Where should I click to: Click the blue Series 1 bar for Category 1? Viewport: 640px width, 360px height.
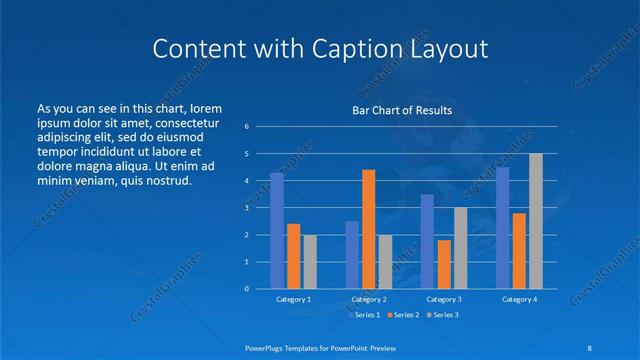click(277, 231)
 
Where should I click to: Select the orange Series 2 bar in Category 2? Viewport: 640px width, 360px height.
click(368, 229)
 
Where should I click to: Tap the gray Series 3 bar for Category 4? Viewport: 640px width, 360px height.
click(536, 221)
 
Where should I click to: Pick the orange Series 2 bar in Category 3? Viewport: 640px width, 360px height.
click(444, 264)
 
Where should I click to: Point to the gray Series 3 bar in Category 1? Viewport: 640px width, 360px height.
click(310, 262)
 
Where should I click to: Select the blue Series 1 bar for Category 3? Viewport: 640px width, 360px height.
click(427, 241)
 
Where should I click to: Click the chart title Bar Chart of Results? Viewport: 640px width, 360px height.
click(402, 110)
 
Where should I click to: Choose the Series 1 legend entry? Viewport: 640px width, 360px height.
click(364, 315)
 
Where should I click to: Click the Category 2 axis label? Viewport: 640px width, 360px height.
click(368, 299)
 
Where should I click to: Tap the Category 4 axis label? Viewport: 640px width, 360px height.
click(519, 299)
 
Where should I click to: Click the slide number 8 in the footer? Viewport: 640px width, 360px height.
click(587, 348)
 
